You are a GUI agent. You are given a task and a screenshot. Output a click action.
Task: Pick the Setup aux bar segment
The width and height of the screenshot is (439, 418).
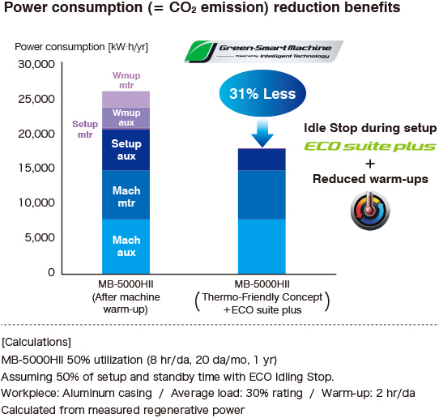(126, 150)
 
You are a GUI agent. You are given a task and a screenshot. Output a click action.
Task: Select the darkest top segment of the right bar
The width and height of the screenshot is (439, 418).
(261, 160)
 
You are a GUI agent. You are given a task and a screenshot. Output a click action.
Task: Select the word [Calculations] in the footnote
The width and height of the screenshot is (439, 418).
(36, 341)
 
